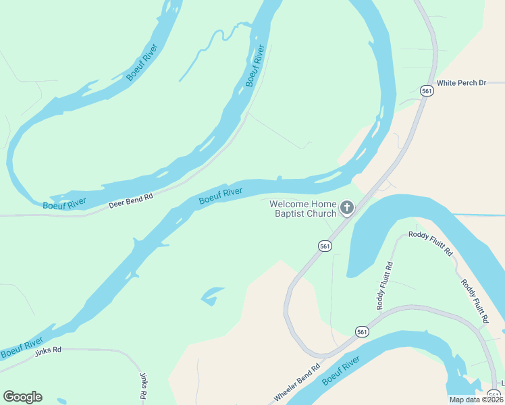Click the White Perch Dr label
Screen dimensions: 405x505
[461, 83]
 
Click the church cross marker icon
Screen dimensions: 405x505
[347, 208]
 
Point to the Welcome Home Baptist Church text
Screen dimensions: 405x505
[302, 209]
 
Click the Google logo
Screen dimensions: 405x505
[22, 397]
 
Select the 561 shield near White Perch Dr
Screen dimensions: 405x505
[426, 91]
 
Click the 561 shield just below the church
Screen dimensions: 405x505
[325, 246]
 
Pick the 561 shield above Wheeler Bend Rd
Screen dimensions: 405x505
[363, 331]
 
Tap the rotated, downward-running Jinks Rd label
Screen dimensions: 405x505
[143, 385]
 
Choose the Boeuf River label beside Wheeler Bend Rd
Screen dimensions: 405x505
[340, 373]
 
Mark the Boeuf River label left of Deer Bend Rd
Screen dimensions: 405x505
[64, 204]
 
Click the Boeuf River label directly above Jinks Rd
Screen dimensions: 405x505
[22, 347]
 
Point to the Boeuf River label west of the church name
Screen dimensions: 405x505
[220, 196]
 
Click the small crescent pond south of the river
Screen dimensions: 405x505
[212, 294]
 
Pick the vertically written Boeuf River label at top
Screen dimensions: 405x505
[255, 65]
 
